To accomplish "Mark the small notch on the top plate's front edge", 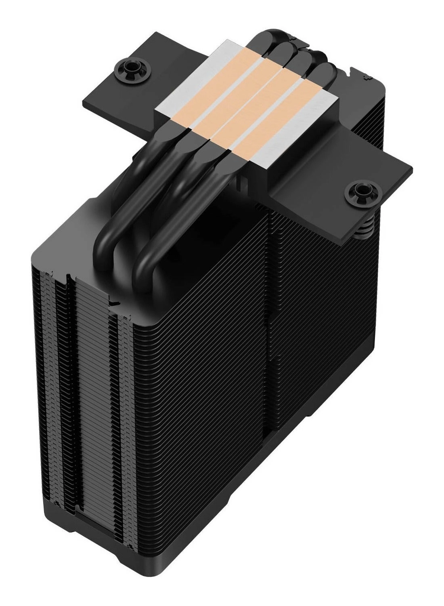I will click(x=113, y=301).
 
